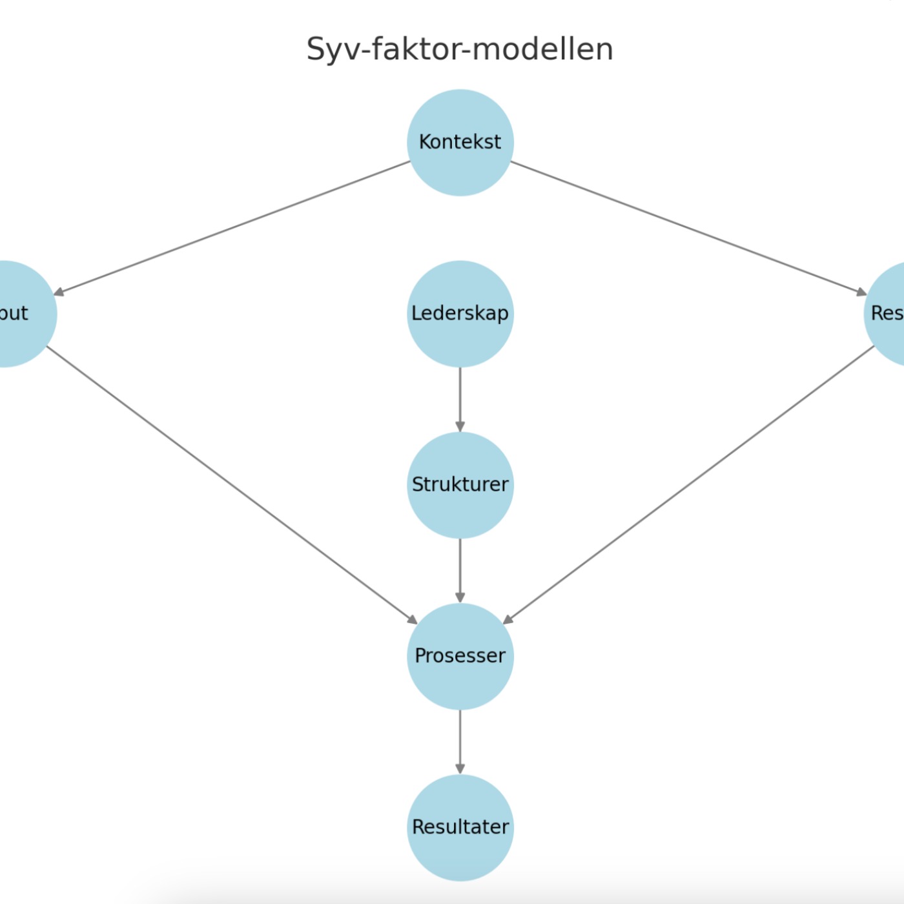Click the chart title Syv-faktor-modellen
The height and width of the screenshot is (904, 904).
click(459, 49)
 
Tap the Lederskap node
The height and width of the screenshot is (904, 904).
click(460, 314)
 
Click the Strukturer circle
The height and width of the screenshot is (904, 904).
click(460, 485)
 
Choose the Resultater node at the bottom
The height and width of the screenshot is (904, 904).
click(460, 827)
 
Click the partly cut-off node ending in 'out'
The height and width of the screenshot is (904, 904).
click(19, 314)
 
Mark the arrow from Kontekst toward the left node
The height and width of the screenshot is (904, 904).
click(232, 228)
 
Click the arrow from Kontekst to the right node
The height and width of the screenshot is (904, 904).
click(688, 228)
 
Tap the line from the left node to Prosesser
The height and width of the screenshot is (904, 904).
click(232, 485)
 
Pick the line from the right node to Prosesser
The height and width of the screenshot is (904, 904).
click(688, 485)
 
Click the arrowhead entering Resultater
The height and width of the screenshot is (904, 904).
click(460, 768)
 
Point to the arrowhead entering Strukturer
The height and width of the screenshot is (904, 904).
click(460, 426)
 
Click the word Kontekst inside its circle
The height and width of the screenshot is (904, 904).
click(460, 142)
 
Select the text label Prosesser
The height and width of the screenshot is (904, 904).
click(460, 656)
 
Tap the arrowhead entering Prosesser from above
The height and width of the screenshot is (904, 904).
click(460, 597)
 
